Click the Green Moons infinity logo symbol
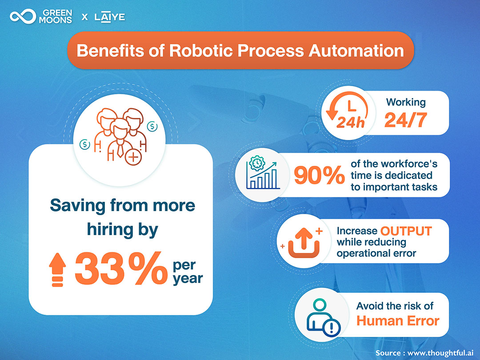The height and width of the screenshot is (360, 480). pyautogui.click(x=23, y=16)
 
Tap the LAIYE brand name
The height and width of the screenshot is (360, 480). pyautogui.click(x=110, y=17)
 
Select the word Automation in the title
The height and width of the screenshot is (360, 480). pyautogui.click(x=356, y=51)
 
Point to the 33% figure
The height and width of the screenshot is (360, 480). pyautogui.click(x=121, y=268)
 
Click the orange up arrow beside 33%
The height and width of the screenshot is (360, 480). pyautogui.click(x=57, y=270)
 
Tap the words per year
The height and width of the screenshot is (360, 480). pyautogui.click(x=188, y=272)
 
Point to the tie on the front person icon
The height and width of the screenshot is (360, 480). pyautogui.click(x=120, y=150)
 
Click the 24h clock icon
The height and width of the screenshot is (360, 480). pyautogui.click(x=347, y=110)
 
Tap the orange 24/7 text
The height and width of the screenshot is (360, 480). pyautogui.click(x=406, y=120)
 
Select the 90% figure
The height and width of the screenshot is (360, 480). pyautogui.click(x=319, y=175)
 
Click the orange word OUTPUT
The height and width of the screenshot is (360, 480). pyautogui.click(x=406, y=231)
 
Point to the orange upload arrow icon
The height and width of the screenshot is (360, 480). pyautogui.click(x=304, y=243)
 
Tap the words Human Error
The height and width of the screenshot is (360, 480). pyautogui.click(x=398, y=321)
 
